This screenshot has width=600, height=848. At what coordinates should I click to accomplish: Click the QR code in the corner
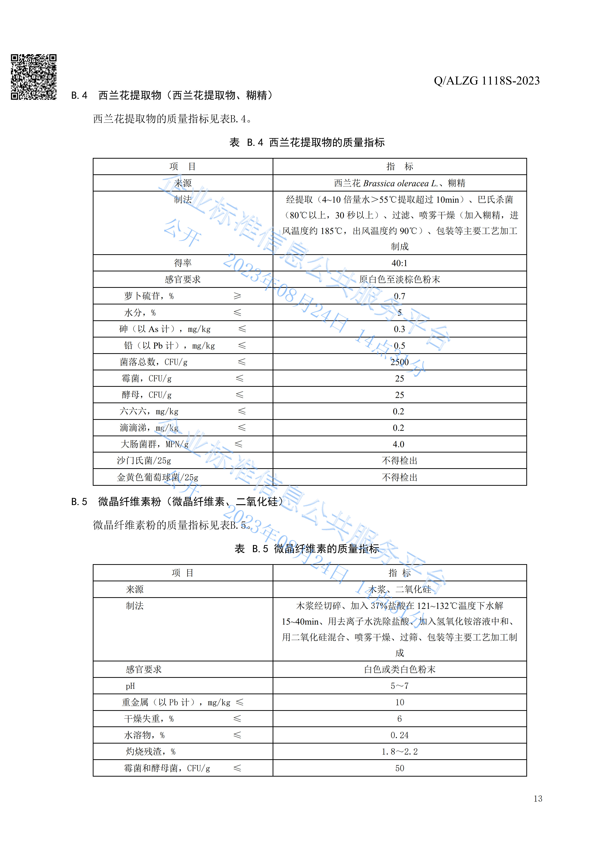(34, 77)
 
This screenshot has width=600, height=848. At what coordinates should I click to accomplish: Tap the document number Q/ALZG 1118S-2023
(487, 80)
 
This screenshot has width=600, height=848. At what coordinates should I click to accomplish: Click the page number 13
(537, 799)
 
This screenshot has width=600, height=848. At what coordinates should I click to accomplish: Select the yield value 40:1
(399, 263)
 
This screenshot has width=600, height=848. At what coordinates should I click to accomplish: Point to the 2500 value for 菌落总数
(399, 362)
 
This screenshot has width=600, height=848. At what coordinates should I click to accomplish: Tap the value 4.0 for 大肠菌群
(398, 444)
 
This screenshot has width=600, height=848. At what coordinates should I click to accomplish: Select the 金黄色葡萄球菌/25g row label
(157, 477)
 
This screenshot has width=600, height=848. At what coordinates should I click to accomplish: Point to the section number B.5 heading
(79, 502)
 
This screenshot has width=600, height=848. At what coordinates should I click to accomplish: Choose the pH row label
(130, 686)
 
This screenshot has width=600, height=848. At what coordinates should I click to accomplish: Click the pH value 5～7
(399, 686)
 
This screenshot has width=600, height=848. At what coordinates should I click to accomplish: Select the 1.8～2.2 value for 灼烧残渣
(399, 752)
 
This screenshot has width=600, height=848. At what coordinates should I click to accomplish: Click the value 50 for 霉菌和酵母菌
(399, 768)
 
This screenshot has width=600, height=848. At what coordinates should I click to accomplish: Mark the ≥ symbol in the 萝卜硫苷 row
(237, 296)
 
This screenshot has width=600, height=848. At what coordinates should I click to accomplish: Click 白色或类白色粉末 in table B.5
(399, 669)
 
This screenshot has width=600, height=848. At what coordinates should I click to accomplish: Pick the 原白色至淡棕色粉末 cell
(399, 279)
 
